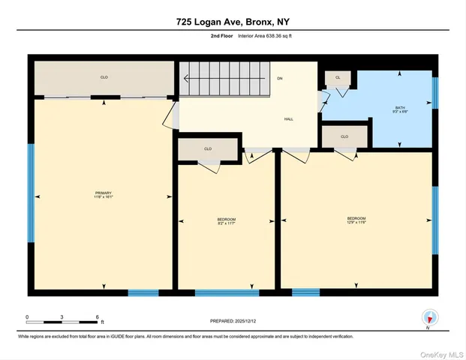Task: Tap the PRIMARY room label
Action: click(104, 193)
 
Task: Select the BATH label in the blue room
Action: click(400, 108)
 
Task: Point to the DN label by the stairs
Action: click(279, 78)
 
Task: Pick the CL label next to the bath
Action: click(338, 77)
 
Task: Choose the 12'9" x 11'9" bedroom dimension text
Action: click(356, 222)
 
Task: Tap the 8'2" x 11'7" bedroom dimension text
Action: click(227, 223)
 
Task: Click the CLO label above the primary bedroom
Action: click(104, 77)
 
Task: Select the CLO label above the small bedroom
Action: click(208, 148)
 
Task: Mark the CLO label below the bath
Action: click(344, 136)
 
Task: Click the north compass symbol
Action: click(428, 318)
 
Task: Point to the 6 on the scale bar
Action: click(98, 316)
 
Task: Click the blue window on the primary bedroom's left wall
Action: click(31, 193)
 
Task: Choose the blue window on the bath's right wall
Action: click(434, 93)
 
